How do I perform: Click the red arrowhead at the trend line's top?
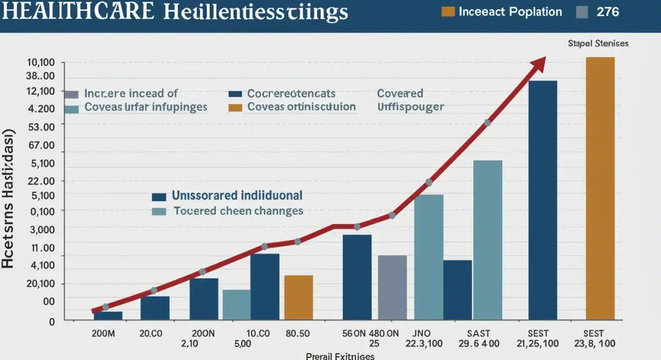tap(538, 63)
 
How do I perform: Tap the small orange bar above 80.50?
tap(299, 297)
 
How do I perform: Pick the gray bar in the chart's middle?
tap(392, 287)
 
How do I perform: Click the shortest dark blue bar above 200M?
tap(108, 315)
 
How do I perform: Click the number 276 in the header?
tap(608, 12)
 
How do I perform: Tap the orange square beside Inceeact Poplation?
tap(448, 12)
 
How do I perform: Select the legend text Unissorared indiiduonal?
tap(237, 195)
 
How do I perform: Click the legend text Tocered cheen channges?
tap(239, 211)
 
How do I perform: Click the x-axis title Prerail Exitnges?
tap(340, 356)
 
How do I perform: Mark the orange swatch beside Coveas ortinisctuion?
tap(235, 107)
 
